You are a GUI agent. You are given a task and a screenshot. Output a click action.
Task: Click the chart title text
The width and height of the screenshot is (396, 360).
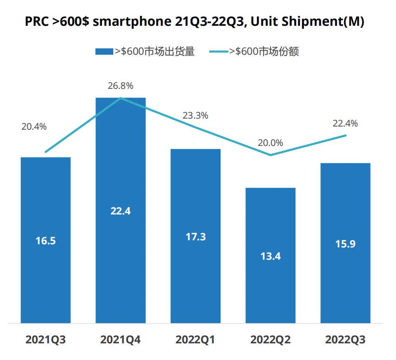tap(194, 22)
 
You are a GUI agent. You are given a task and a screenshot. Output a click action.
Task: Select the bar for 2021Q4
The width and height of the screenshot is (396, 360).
tap(121, 159)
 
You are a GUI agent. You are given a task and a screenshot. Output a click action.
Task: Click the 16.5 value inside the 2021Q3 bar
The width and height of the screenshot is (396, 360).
tap(46, 241)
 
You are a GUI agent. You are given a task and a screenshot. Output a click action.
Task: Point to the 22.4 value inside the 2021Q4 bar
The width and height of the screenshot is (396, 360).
tap(121, 211)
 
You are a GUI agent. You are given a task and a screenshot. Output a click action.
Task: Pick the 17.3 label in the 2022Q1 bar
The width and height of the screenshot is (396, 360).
tap(196, 237)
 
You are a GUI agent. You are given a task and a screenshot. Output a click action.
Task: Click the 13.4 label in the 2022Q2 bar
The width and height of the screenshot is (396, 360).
tap(270, 256)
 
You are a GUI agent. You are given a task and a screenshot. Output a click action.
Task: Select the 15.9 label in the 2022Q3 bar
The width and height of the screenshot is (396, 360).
tap(345, 244)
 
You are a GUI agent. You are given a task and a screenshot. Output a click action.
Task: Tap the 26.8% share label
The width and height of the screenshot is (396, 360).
tap(121, 86)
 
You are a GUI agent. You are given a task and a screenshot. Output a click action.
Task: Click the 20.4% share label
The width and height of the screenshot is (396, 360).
tap(34, 127)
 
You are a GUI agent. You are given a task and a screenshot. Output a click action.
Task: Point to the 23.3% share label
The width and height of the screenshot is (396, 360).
tap(195, 116)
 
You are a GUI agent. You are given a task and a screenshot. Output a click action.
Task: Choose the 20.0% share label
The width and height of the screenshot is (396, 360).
tap(270, 143)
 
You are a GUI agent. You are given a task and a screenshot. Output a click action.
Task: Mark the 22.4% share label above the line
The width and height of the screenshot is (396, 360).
tap(345, 123)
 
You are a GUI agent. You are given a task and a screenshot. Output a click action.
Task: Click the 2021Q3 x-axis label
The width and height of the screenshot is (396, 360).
tap(46, 340)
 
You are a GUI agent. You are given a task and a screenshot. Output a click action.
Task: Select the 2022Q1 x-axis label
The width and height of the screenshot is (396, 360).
tap(196, 340)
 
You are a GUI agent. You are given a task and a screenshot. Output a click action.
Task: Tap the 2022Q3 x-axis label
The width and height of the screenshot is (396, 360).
tap(345, 340)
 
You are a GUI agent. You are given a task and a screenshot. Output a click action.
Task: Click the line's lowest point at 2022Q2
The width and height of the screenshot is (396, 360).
tap(270, 155)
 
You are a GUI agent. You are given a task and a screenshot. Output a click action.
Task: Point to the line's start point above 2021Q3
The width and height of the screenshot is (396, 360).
tap(46, 152)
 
